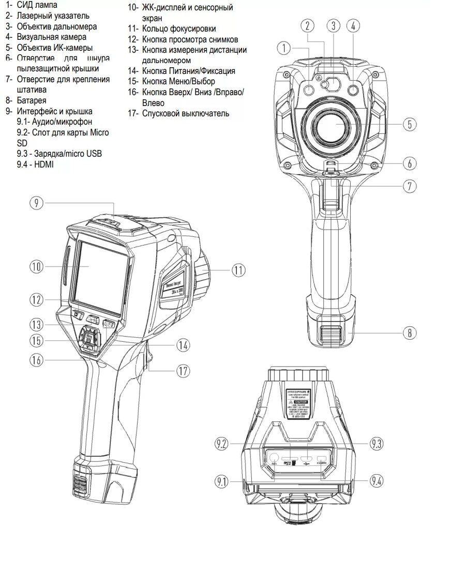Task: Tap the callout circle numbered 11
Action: pos(238,269)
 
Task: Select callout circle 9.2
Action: pos(222,443)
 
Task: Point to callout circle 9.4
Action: pos(377,481)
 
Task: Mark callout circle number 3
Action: pos(334,25)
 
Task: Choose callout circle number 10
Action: pos(36,267)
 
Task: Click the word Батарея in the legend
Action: pos(32,100)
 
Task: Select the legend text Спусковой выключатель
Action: pos(186,113)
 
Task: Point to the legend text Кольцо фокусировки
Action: pos(179,29)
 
